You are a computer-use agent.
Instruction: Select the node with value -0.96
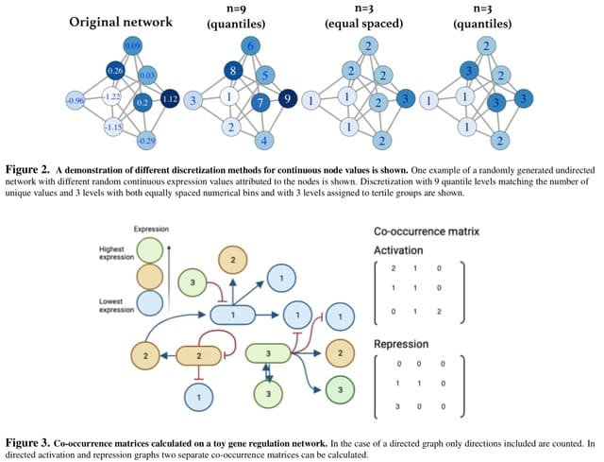[x=75, y=100]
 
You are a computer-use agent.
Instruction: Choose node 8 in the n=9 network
[x=231, y=71]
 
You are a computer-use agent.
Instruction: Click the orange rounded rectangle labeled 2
[x=200, y=354]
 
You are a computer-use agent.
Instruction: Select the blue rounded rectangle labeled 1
[x=227, y=314]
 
